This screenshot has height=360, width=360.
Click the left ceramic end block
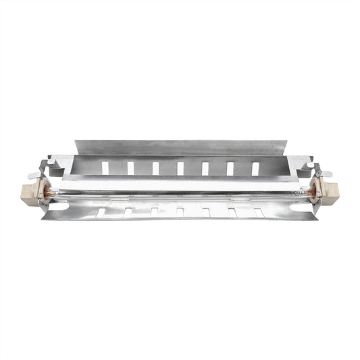tap(33, 190)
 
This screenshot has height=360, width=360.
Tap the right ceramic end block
tap(328, 192)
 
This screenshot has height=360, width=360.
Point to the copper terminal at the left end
tap(48, 192)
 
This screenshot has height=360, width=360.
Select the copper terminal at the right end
tap(313, 192)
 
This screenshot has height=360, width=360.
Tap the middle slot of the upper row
tap(180, 168)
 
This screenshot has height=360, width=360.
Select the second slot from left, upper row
tap(130, 168)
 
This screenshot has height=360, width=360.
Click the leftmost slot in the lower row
tap(101, 212)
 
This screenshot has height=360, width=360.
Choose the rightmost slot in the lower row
tap(259, 212)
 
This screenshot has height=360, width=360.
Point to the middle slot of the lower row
tap(180, 212)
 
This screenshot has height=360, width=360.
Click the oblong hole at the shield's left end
tap(59, 206)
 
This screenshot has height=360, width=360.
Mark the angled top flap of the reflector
tap(179, 147)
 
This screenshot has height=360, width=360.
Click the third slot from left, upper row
tap(155, 168)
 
